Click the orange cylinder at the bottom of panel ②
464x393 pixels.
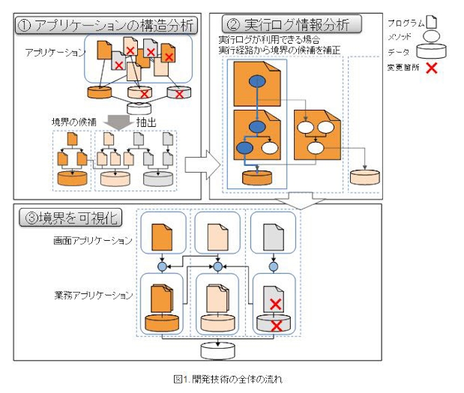[x=257, y=178]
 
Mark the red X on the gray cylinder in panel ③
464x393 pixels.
[x=276, y=326]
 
